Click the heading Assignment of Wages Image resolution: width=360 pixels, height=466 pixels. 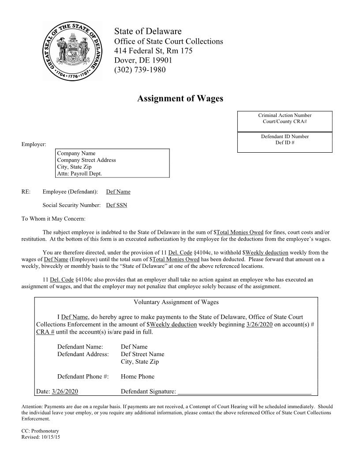click(x=180, y=98)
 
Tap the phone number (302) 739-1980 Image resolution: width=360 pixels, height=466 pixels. click(x=140, y=70)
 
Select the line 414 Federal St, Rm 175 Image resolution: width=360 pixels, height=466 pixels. click(x=153, y=51)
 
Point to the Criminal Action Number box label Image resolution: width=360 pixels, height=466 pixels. click(x=285, y=116)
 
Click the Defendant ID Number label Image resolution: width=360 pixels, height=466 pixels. click(x=285, y=137)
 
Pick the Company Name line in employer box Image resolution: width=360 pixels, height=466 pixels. click(x=76, y=154)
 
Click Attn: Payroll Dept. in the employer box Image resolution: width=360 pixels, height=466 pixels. click(x=79, y=173)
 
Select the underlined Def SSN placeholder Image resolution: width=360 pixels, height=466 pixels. click(x=116, y=205)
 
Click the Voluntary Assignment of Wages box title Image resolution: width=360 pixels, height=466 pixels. click(x=176, y=302)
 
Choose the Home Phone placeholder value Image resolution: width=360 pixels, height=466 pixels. click(x=138, y=376)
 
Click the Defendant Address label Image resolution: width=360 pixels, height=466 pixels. click(x=83, y=354)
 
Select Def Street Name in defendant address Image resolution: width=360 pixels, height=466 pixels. click(x=142, y=354)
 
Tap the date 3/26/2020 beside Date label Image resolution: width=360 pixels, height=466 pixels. click(x=65, y=391)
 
